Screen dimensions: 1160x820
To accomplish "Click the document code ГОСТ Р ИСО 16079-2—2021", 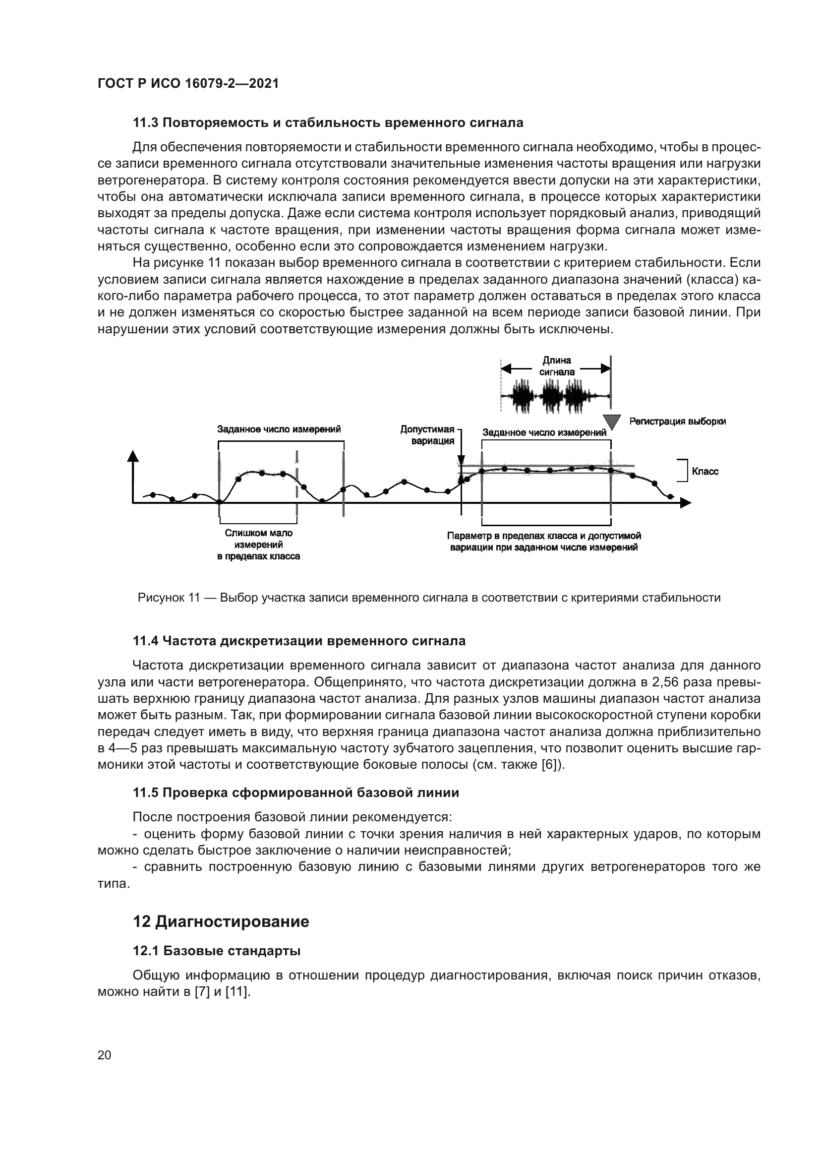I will point(188,83).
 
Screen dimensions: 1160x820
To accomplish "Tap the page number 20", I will point(104,1055).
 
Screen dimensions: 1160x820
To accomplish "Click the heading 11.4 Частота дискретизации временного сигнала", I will point(299,641).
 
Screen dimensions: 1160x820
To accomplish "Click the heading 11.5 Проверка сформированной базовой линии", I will point(296,793).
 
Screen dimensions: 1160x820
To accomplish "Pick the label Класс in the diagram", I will point(705,471).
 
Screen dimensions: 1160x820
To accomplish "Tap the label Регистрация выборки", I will point(678,422).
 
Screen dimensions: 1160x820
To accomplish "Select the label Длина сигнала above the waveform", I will point(556,366).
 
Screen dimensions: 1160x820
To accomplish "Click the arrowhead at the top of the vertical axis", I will point(133,456).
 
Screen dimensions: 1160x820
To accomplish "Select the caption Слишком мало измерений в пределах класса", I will point(258,545).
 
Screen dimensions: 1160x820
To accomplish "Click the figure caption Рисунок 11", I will point(429,598).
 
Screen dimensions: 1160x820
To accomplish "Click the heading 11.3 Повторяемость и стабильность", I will point(328,123).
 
